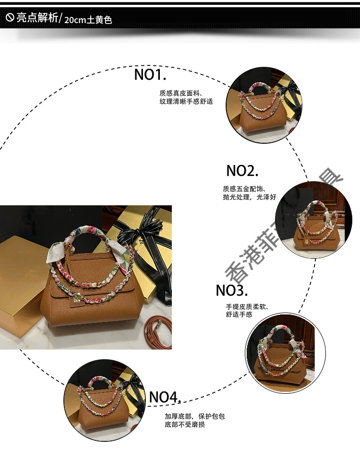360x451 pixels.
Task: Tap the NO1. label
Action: pos(150,75)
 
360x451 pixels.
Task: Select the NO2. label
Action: pos(242,170)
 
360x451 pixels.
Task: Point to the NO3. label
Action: pos(231,290)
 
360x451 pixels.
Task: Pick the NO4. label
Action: pos(165,397)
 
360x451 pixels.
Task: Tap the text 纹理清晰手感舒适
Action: pos(186,102)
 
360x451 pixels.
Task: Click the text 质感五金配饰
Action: pos(244,188)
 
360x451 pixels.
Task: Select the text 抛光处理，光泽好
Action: pos(250,197)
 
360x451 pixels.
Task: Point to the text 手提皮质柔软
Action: pos(247,306)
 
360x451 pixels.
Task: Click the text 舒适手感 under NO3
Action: pos(239,315)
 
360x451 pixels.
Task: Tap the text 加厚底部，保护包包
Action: pos(194,416)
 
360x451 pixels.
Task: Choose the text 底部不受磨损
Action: pos(185,425)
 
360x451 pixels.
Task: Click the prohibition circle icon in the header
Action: pos(10,18)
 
